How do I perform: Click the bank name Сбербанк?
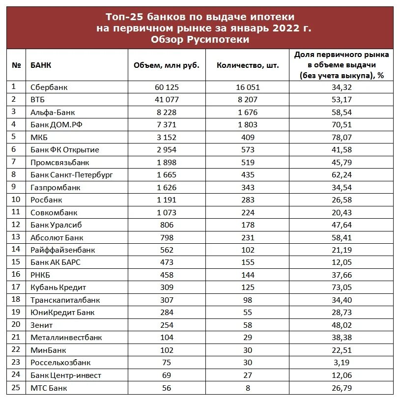pyautogui.click(x=49, y=87)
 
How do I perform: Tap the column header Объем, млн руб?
pyautogui.click(x=167, y=65)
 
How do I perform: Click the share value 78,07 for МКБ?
pyautogui.click(x=342, y=137)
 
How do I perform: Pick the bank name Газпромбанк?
pyautogui.click(x=56, y=187)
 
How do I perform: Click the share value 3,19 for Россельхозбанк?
pyautogui.click(x=342, y=363)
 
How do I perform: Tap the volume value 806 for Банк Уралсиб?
pyautogui.click(x=167, y=225)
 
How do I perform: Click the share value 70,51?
pyautogui.click(x=342, y=124)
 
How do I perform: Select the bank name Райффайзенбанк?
pyautogui.click(x=62, y=250)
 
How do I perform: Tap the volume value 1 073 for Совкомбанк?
pyautogui.click(x=167, y=212)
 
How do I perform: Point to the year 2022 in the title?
pyautogui.click(x=282, y=29)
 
